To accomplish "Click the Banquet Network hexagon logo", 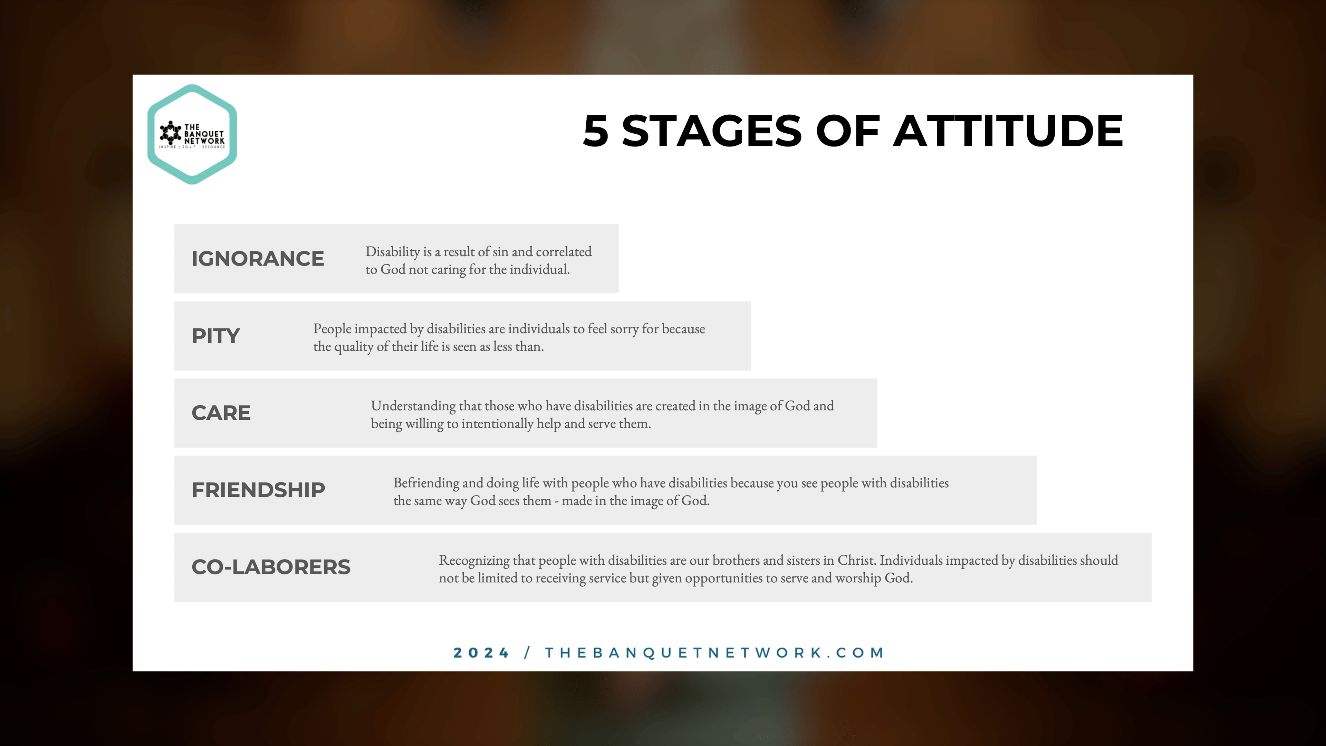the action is coord(192,134).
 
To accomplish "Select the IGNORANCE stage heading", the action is coord(258,258).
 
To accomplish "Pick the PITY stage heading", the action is coord(216,336).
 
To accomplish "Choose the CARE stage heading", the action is coord(221,413).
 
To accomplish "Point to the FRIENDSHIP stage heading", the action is coord(258,490).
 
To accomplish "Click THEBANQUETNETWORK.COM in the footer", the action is coord(714,653).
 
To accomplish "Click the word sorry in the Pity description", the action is coord(624,329).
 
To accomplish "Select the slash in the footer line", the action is coord(527,653).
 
